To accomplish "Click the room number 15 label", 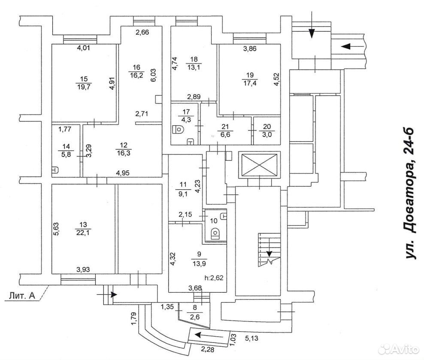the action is point(84,79).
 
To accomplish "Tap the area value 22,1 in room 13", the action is point(83,233).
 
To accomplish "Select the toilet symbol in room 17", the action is point(179,130).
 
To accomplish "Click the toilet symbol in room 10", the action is point(215,233).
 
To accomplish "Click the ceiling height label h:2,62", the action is point(215,278).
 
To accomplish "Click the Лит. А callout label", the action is point(22,295).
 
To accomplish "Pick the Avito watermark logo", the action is point(398,349).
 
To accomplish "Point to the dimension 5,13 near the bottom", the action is point(251,338).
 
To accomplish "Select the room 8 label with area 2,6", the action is point(195,312).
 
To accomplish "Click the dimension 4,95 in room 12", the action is point(123,172).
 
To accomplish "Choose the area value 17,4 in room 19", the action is point(250,83).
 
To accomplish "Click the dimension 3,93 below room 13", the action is point(83,269).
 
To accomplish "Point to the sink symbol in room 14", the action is point(55,170).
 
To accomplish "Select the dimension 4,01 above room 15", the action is point(84,48).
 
